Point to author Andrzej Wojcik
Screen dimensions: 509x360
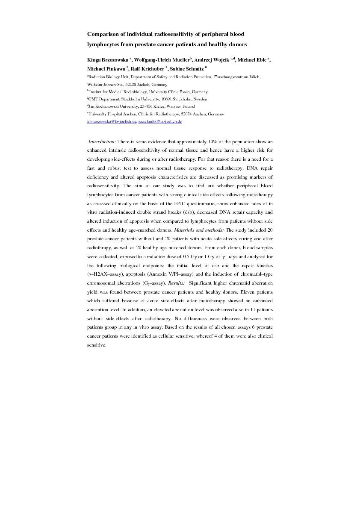(x=212, y=60)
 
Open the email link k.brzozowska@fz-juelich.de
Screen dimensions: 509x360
(x=112, y=121)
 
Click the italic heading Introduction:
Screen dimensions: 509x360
(x=102, y=141)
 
